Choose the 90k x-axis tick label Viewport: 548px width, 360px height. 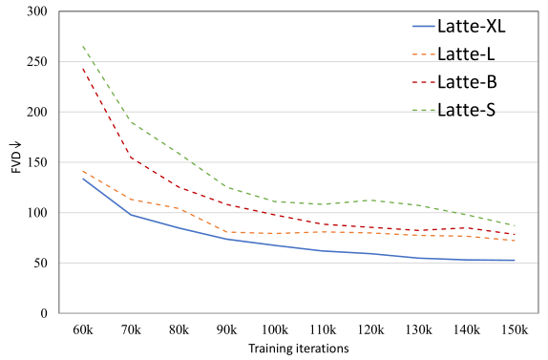pyautogui.click(x=227, y=329)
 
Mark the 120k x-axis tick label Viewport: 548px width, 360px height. pyautogui.click(x=371, y=329)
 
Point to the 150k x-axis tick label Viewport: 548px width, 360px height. pyautogui.click(x=516, y=329)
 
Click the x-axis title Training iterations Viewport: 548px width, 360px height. pyautogui.click(x=299, y=348)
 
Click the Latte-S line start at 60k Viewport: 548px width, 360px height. pyautogui.click(x=84, y=47)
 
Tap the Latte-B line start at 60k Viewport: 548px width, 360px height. pyautogui.click(x=84, y=69)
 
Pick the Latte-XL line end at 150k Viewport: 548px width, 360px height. pyautogui.click(x=516, y=261)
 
